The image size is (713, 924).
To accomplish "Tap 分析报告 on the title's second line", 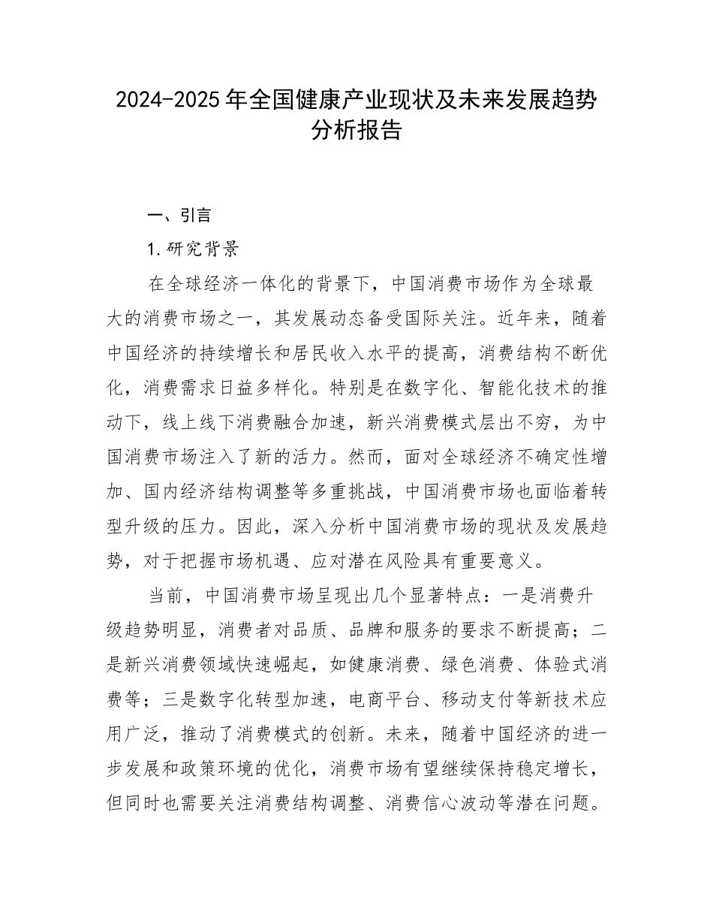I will click(x=356, y=131).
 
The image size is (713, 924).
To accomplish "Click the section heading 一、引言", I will click(x=179, y=216).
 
